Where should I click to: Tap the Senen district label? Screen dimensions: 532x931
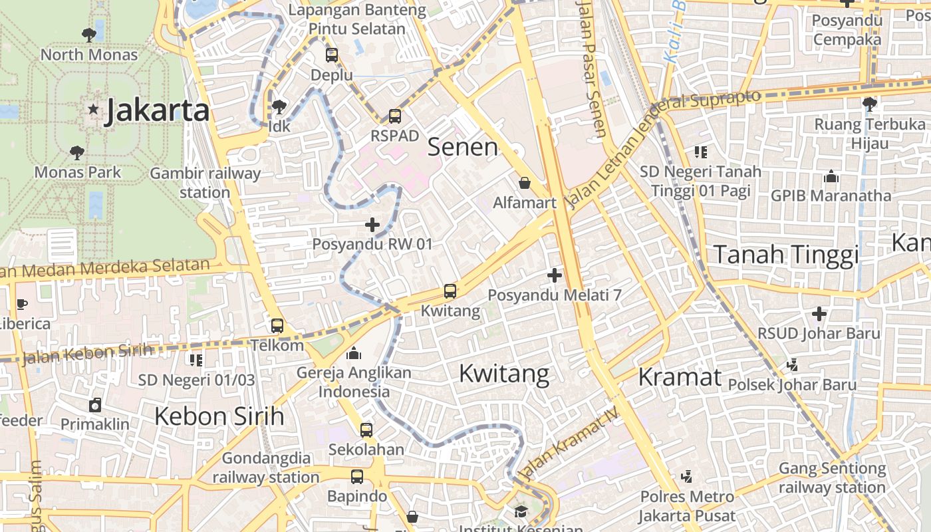[x=462, y=147]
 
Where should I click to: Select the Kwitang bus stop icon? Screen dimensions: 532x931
[x=450, y=291]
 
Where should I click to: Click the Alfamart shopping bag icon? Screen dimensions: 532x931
[x=525, y=183]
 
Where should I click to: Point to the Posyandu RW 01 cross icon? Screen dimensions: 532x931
[x=372, y=225]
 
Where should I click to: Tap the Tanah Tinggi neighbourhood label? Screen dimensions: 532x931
[x=785, y=255]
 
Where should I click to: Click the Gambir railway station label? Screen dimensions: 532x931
[x=205, y=183]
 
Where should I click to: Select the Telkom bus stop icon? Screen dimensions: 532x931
[x=277, y=326]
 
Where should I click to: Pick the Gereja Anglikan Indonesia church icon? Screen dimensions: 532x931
[x=354, y=352]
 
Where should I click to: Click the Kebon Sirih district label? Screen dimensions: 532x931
[x=219, y=416]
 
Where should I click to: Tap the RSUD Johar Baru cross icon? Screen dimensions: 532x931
[x=819, y=313]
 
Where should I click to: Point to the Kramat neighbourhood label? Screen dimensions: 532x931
[x=680, y=377]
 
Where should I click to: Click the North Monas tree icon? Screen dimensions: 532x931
[x=88, y=35]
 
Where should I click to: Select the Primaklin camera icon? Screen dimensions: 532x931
[x=95, y=404]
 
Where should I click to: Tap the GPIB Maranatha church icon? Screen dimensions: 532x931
[x=831, y=176]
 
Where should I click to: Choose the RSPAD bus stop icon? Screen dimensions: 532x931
[x=395, y=116]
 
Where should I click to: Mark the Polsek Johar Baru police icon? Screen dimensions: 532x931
[x=792, y=364]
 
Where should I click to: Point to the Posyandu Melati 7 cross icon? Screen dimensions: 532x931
[x=555, y=275]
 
